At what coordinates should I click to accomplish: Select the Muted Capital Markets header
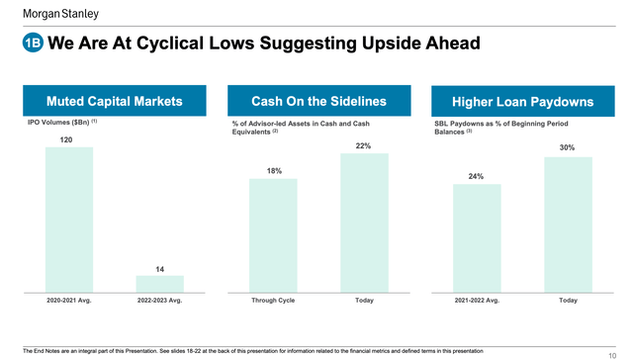click(x=114, y=101)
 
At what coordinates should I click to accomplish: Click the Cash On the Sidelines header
click(x=317, y=101)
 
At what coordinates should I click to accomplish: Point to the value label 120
click(x=68, y=140)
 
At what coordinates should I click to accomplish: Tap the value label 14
click(x=159, y=268)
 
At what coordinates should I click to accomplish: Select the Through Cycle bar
click(x=274, y=237)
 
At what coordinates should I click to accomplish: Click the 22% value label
click(x=363, y=146)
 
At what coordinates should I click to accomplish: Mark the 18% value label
click(x=274, y=171)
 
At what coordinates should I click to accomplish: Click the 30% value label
click(x=567, y=147)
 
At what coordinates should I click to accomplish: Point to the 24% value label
click(x=476, y=176)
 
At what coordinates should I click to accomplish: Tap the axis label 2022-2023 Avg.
click(x=159, y=300)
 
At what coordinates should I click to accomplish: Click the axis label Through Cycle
click(x=274, y=300)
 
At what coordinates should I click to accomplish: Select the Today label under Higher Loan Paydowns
click(x=568, y=300)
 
